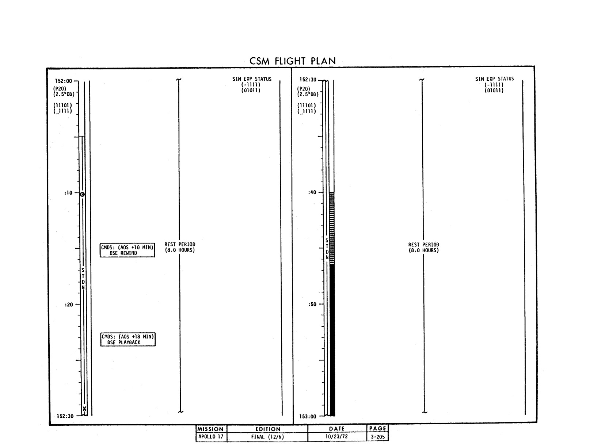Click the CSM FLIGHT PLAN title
(293, 61)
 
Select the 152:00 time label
(64, 81)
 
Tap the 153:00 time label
(308, 416)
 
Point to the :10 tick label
(68, 192)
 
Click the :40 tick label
(312, 192)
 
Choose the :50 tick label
(312, 304)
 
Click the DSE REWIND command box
(127, 250)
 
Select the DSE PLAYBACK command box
(128, 339)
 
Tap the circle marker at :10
(82, 194)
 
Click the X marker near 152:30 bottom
(84, 409)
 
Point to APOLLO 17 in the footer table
(211, 436)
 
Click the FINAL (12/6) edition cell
(267, 437)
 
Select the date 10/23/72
(336, 436)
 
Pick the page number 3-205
(378, 437)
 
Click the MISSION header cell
(211, 429)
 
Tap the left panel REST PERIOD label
(180, 247)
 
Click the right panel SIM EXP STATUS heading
(494, 79)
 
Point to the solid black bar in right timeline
(332, 340)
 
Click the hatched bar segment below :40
(332, 228)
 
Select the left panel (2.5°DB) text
(64, 94)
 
